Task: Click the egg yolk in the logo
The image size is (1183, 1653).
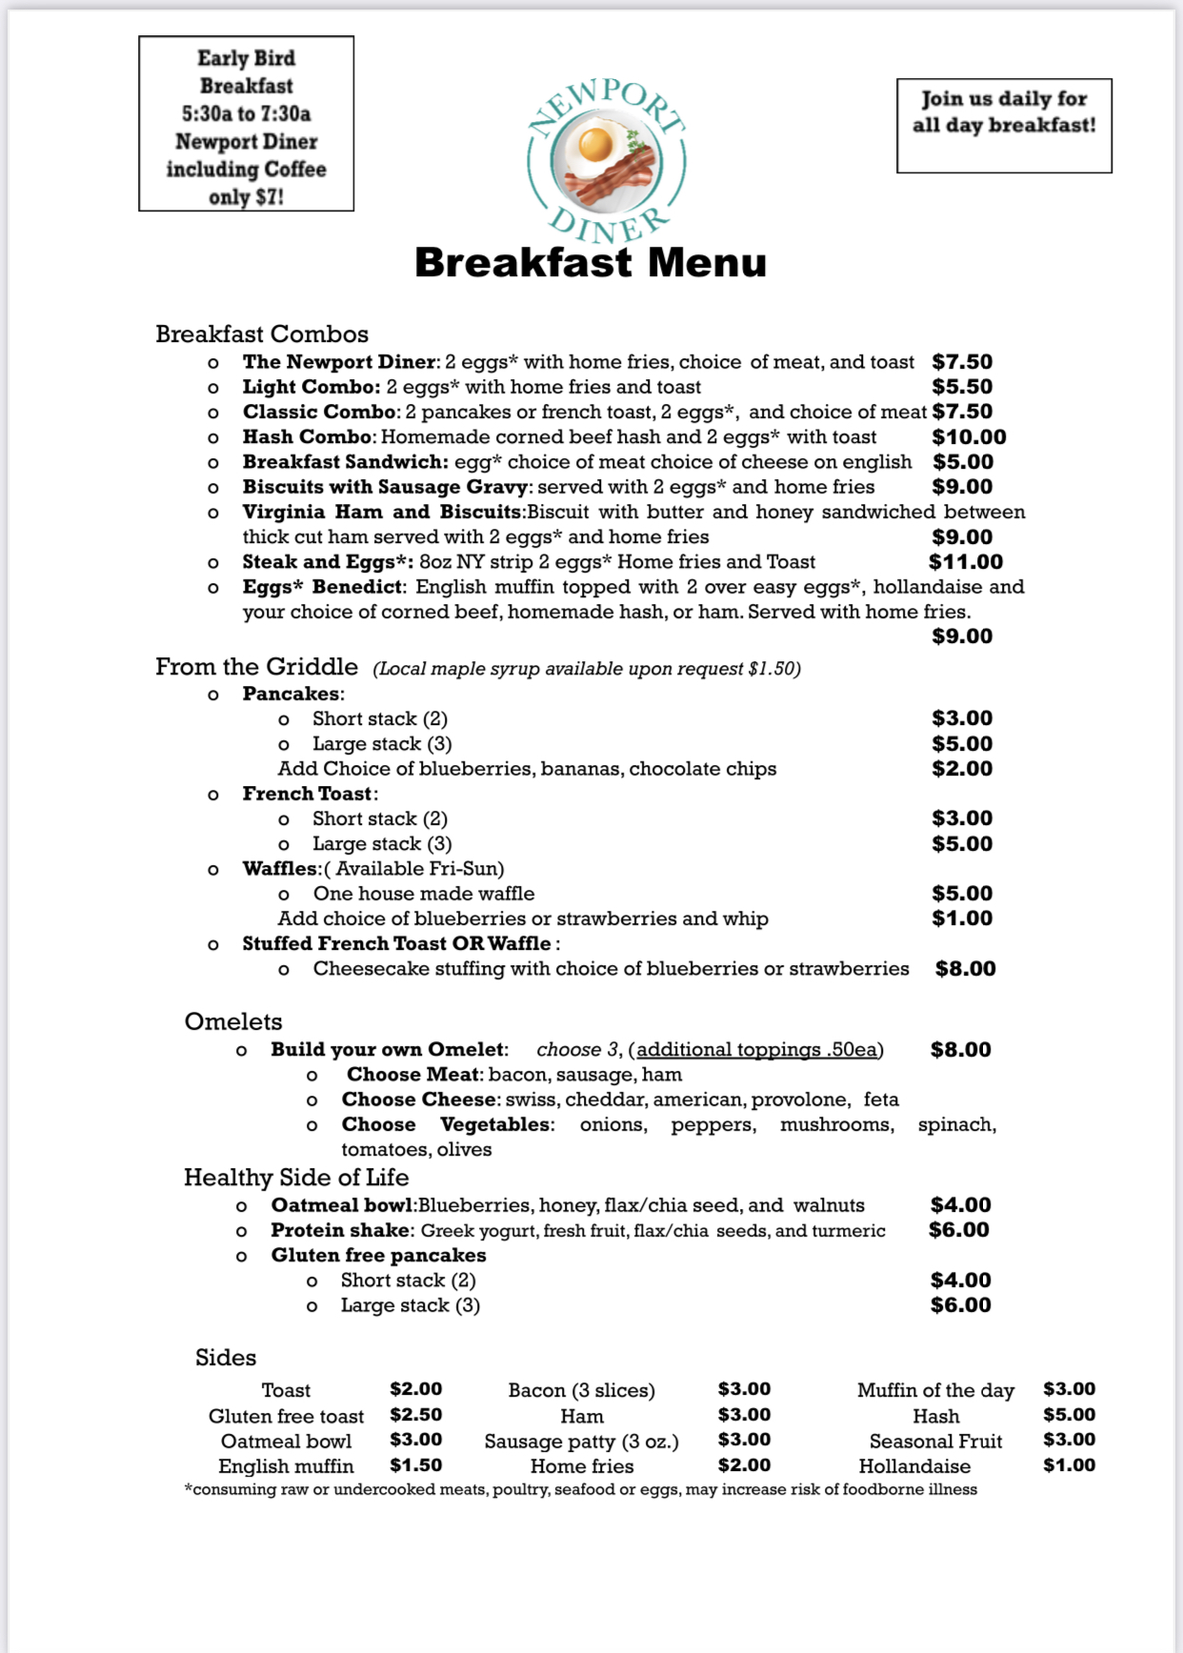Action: pos(595,145)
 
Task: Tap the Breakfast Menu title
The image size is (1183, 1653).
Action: pos(591,263)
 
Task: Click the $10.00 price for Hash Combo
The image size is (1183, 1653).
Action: pos(969,437)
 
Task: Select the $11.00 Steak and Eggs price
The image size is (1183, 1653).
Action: pos(966,562)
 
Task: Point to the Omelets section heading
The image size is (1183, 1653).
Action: pos(233,1022)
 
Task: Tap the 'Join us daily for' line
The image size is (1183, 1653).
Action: pos(1004,99)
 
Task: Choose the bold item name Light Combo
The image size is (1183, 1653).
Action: pos(311,387)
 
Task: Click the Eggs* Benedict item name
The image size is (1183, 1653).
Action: pos(324,587)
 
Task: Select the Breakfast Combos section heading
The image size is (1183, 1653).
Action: pos(262,334)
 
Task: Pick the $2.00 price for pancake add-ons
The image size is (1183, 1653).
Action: pos(962,769)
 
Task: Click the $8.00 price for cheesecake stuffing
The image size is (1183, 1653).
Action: pos(965,969)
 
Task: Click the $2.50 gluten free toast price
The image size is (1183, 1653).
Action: pos(416,1415)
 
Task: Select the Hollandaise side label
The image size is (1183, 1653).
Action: pos(914,1466)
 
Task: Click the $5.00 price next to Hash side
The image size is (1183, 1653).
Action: pos(1069,1415)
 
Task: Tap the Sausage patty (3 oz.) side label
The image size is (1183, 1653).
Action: pos(581,1441)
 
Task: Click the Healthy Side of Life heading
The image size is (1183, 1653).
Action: pos(296,1178)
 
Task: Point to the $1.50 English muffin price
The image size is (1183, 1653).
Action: pos(416,1465)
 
